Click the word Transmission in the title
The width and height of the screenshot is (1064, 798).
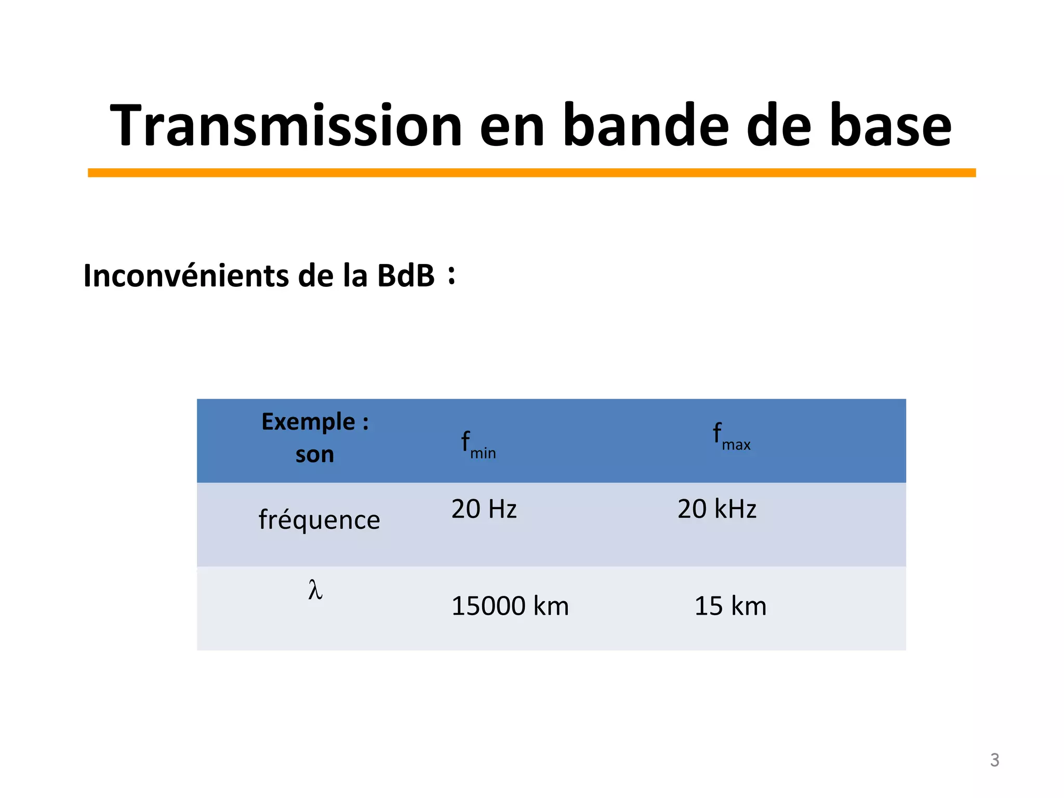[x=286, y=126]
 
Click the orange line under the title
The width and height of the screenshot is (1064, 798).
[x=531, y=173]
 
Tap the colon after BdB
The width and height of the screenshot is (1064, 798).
[x=451, y=275]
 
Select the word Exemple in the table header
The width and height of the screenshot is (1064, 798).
[x=308, y=421]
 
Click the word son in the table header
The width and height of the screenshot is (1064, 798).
[x=314, y=455]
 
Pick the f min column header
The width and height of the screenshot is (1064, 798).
[x=478, y=445]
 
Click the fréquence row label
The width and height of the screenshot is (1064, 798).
[x=319, y=520]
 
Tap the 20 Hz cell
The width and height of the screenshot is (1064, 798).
[x=484, y=509]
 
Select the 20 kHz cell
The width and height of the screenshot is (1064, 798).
[x=716, y=509]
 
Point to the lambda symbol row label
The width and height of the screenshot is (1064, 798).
[x=315, y=590]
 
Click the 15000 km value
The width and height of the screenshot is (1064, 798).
[x=510, y=606]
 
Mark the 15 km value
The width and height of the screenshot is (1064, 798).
[x=730, y=606]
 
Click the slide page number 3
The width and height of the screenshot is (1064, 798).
[x=994, y=760]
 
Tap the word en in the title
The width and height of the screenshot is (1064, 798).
[x=512, y=126]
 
